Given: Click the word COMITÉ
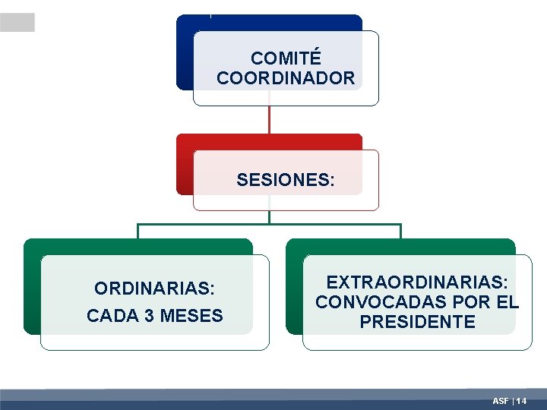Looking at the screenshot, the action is click(x=286, y=58).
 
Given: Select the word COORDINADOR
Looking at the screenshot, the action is click(x=286, y=78).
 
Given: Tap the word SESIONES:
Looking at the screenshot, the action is click(x=286, y=180).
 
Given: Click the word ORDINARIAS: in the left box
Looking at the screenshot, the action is click(x=155, y=289).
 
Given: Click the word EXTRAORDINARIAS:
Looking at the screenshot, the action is click(x=417, y=282).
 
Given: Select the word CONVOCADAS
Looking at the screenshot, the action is click(x=370, y=302).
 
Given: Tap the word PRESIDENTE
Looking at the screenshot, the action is click(x=417, y=322).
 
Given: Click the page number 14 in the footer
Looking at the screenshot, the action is click(x=522, y=400).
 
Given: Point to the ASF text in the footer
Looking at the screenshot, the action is click(x=501, y=400).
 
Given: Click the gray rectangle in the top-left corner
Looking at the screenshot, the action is click(x=17, y=23).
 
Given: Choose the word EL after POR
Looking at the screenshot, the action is click(x=505, y=302).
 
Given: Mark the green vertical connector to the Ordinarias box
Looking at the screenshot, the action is click(x=138, y=232).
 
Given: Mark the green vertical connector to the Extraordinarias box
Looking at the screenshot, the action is click(x=400, y=232).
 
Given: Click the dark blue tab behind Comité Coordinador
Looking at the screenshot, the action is click(x=185, y=53).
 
